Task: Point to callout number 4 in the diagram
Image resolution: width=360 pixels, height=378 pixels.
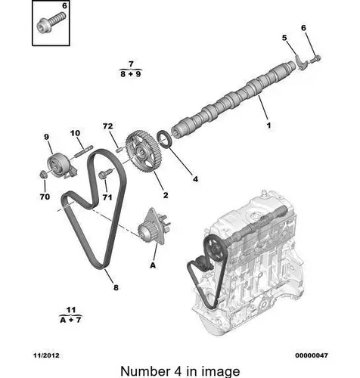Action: pyautogui.click(x=194, y=180)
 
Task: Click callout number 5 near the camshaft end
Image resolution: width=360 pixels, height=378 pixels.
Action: pyautogui.click(x=284, y=39)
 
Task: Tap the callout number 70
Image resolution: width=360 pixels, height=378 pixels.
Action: pyautogui.click(x=45, y=197)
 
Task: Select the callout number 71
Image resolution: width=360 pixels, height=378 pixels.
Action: pyautogui.click(x=107, y=197)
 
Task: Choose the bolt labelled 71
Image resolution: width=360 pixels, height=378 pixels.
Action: pyautogui.click(x=104, y=175)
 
